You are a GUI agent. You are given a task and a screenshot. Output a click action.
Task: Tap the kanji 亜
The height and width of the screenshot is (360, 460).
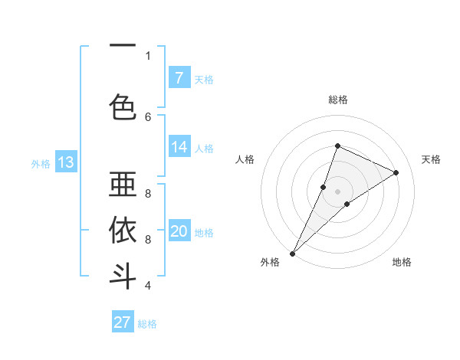[x=123, y=185]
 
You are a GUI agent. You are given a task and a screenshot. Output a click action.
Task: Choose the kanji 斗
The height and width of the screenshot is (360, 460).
[x=123, y=276]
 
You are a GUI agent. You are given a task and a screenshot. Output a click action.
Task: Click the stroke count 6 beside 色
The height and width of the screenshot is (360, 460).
[x=148, y=116]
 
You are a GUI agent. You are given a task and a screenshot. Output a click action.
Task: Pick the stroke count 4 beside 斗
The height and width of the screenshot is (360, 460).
[x=148, y=286]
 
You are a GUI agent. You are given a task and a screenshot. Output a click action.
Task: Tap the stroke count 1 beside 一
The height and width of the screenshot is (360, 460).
[x=148, y=55]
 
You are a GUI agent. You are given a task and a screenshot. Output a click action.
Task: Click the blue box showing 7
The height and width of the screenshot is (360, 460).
[x=179, y=77]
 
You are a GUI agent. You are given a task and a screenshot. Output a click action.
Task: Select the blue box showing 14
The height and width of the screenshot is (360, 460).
[x=179, y=147]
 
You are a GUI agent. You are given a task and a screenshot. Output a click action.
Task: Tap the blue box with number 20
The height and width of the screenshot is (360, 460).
[x=179, y=231]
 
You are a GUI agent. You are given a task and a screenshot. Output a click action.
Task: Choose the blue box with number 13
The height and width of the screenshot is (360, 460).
[x=65, y=162]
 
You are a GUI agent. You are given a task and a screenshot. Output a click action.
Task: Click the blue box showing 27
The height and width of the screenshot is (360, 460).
[x=122, y=322]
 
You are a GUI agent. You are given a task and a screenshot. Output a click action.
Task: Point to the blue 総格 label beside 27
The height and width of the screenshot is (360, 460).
[x=147, y=324]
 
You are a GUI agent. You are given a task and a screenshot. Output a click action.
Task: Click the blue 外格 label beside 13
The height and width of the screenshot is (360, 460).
[x=40, y=163]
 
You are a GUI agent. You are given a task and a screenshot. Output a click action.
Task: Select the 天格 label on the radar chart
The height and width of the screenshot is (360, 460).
[x=431, y=159]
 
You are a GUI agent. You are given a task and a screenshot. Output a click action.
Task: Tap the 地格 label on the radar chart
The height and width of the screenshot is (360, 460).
[x=402, y=262]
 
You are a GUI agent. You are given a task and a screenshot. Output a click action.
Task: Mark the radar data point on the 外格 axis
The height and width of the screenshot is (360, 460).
[x=292, y=253]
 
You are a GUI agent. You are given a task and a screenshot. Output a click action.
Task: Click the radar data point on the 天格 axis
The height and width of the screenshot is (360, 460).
[x=396, y=172]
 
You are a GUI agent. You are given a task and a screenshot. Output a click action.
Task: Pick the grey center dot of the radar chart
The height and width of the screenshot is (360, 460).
[x=337, y=191]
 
